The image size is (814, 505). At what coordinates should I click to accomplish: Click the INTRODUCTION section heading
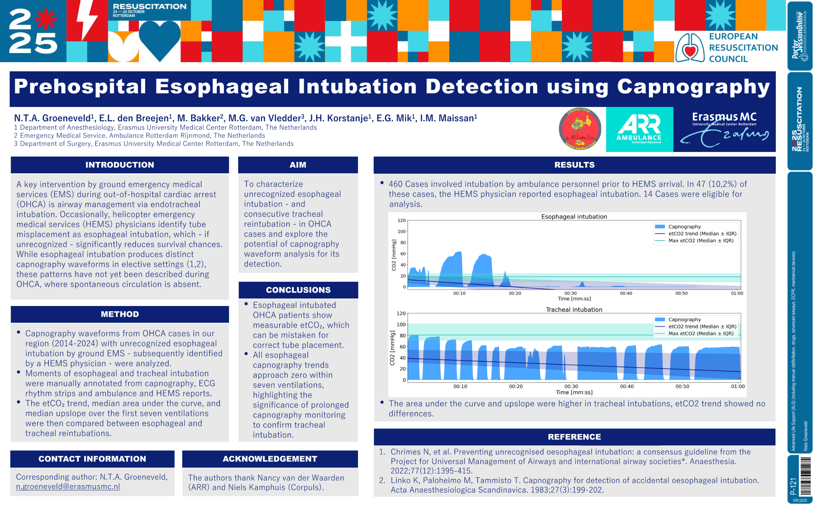[119, 165]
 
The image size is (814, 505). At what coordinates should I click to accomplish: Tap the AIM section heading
[298, 165]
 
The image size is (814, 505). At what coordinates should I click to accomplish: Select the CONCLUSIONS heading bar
[298, 290]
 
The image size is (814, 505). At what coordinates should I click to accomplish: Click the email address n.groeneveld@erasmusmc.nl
[68, 486]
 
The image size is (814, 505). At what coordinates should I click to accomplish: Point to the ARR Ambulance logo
[639, 129]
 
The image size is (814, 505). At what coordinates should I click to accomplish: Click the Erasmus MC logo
[724, 129]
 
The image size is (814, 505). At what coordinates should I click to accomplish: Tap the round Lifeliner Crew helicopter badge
[580, 129]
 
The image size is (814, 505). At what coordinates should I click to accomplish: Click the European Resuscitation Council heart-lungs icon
[690, 48]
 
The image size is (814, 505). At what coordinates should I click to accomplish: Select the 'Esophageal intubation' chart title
[574, 216]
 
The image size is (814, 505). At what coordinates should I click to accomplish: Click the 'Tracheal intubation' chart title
[574, 310]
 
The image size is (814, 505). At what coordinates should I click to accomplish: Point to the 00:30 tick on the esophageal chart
[570, 293]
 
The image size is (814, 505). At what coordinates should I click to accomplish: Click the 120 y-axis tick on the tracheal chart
[401, 313]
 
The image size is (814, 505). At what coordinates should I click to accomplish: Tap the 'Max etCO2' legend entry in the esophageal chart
[701, 241]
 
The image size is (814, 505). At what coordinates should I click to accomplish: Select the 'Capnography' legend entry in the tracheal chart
[684, 320]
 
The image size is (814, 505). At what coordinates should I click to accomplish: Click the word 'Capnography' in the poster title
[693, 87]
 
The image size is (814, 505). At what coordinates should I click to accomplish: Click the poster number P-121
[793, 486]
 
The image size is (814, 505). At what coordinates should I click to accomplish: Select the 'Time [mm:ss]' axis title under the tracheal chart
[574, 392]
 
